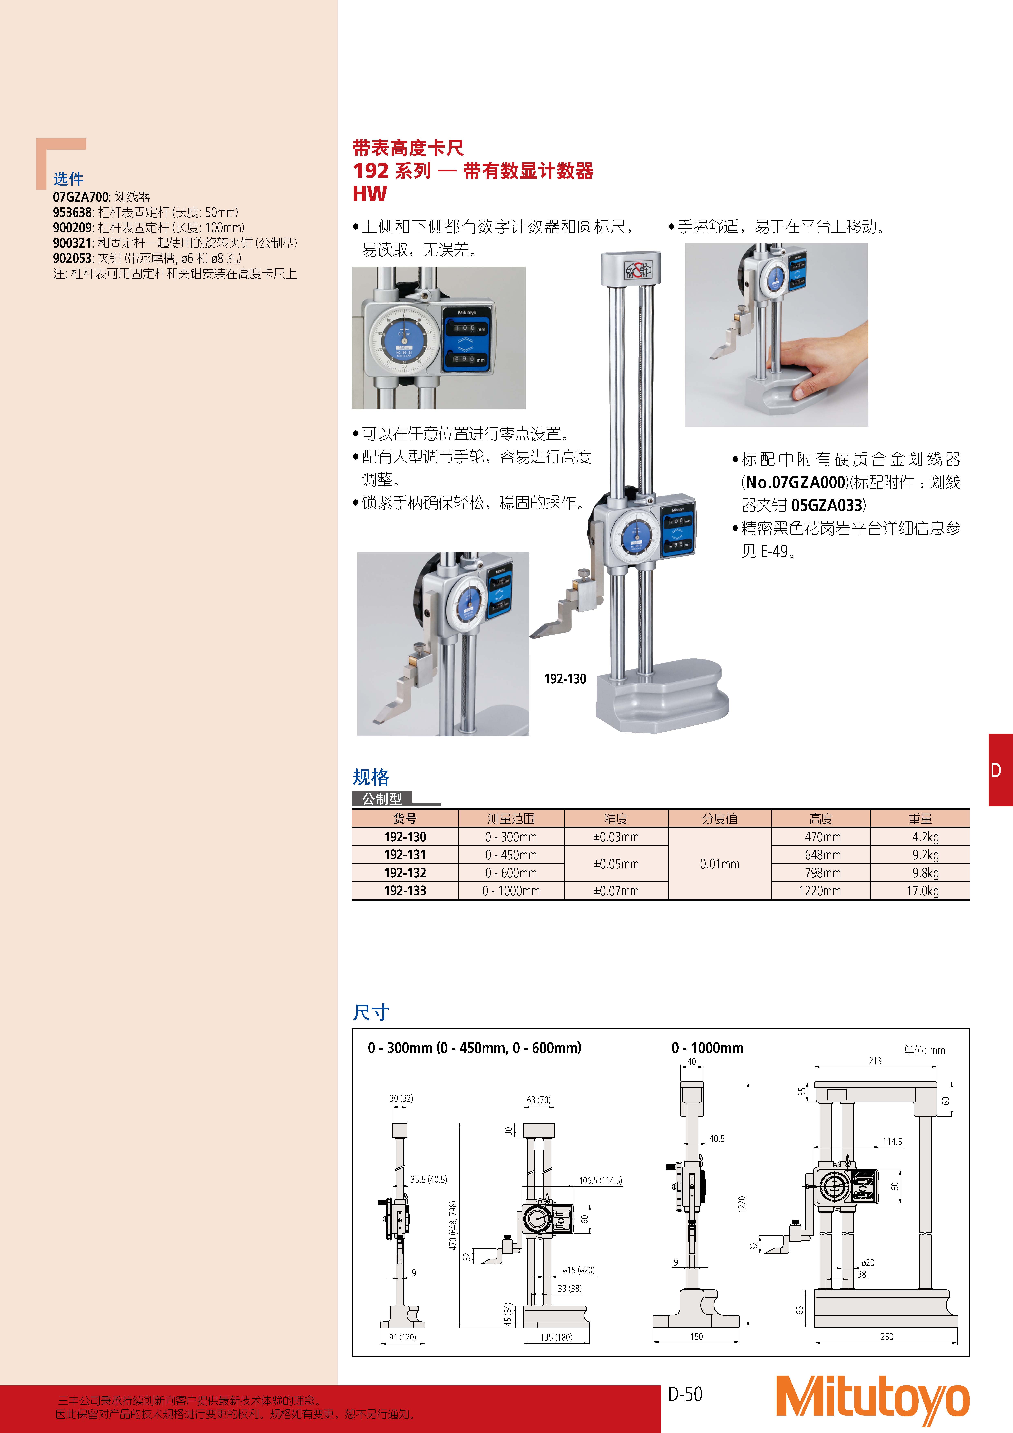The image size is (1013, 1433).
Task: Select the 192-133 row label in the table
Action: click(x=405, y=891)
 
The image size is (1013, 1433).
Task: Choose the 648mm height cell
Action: click(x=823, y=855)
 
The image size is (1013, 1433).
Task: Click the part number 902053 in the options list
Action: click(x=72, y=258)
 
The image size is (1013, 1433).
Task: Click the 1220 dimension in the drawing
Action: click(x=741, y=1204)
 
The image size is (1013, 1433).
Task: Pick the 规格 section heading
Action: click(x=371, y=777)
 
